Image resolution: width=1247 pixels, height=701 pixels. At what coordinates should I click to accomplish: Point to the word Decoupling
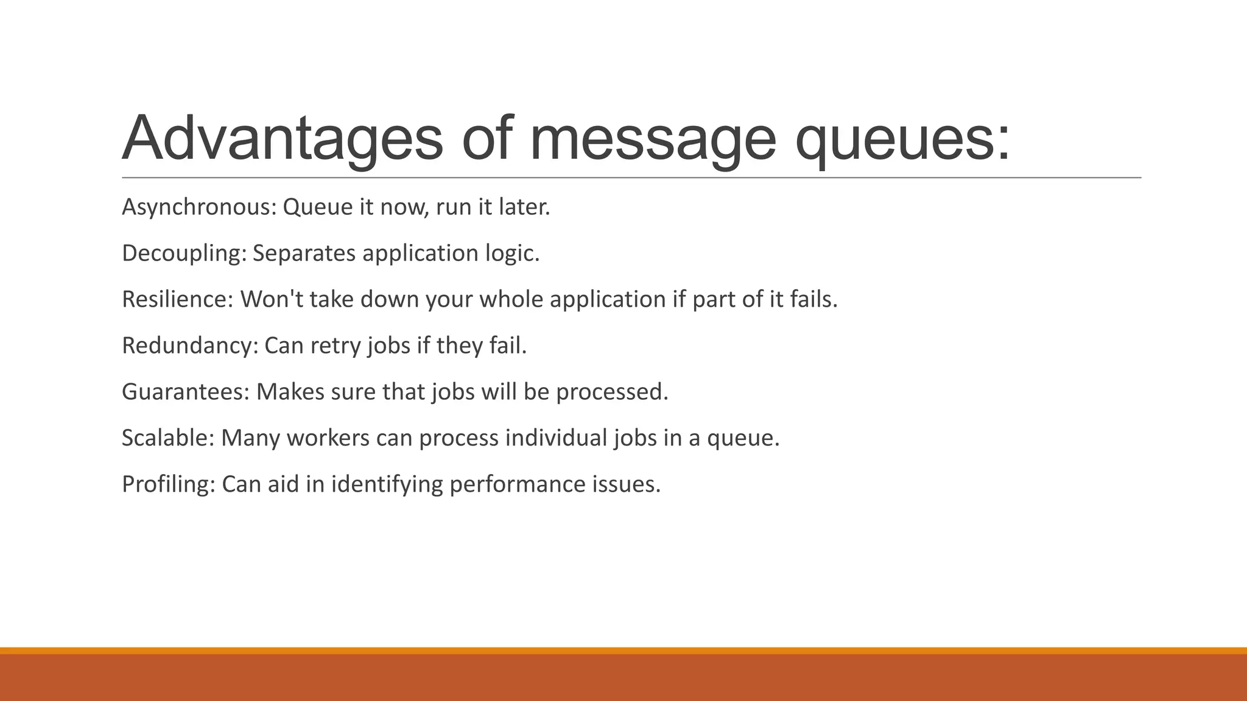pyautogui.click(x=184, y=254)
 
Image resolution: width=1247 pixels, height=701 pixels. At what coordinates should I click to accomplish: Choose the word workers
pyautogui.click(x=328, y=438)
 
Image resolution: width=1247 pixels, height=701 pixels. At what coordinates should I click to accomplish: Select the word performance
pyautogui.click(x=517, y=484)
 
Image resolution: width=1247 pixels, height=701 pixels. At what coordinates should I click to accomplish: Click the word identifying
pyautogui.click(x=387, y=484)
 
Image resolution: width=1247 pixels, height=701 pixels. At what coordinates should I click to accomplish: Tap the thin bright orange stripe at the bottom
pyautogui.click(x=623, y=650)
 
